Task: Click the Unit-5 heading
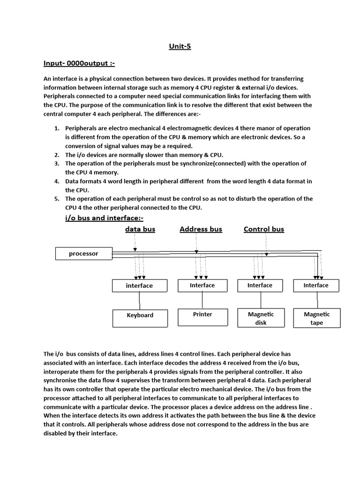coord(180,46)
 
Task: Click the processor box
coord(83,254)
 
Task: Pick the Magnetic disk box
coord(261,318)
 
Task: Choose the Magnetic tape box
coord(316,318)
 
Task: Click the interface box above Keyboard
coord(139,285)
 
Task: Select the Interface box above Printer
coord(202,285)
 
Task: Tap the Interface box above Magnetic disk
coord(260,285)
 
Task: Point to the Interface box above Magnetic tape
coord(316,285)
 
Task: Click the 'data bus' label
coord(140,229)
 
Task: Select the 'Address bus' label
coord(201,229)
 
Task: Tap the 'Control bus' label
coord(263,229)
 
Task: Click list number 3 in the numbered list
coord(56,164)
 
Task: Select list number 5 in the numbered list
coord(56,199)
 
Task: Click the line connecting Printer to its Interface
coord(202,300)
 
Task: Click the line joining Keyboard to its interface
coord(140,300)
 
